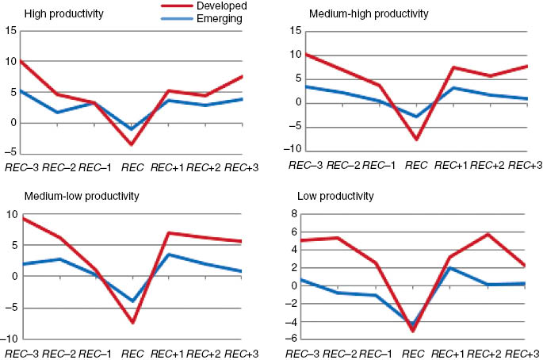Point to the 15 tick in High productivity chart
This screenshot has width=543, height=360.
pos(10,31)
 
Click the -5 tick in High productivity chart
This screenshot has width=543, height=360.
pos(10,154)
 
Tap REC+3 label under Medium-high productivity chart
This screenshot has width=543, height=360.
pos(524,164)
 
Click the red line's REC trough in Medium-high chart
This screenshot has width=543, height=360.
pos(413,139)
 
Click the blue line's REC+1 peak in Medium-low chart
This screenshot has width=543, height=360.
pos(168,255)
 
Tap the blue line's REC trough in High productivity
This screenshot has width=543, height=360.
pos(130,128)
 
